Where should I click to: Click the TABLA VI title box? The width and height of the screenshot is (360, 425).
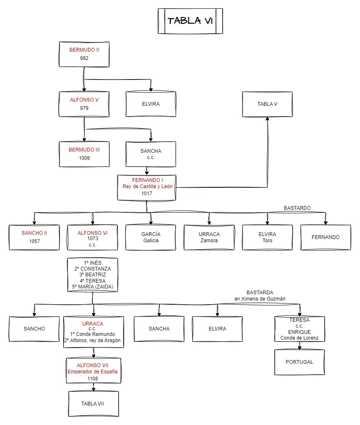pos(190,21)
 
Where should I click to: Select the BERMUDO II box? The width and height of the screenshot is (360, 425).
pos(84,54)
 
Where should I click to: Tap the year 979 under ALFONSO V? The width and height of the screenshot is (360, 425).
pos(84,108)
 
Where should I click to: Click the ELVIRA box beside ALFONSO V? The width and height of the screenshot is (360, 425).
pos(151,104)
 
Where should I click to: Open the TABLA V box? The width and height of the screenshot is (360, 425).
pos(267,104)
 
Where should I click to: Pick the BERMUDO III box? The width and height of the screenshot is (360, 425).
pos(84,154)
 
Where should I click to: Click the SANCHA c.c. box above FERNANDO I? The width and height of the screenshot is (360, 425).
pos(151,154)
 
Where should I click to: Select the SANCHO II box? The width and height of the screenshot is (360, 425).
pos(34,237)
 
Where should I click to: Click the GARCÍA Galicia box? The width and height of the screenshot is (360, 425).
pos(151,237)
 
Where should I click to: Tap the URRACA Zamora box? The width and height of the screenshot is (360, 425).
pos(209,237)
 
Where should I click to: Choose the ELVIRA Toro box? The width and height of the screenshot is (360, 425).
pos(267,237)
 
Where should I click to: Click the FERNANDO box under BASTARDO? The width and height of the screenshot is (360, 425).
pos(325,237)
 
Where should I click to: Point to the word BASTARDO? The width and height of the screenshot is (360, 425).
pos(297,208)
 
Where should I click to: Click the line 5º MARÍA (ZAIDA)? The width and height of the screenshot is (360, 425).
pos(92,287)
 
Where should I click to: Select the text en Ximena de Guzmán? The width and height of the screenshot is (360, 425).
pos(260,298)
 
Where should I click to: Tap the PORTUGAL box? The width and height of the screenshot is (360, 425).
pos(299,362)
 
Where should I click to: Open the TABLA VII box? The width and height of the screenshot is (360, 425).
pos(93,404)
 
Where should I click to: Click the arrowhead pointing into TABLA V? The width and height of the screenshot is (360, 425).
pos(267,119)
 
